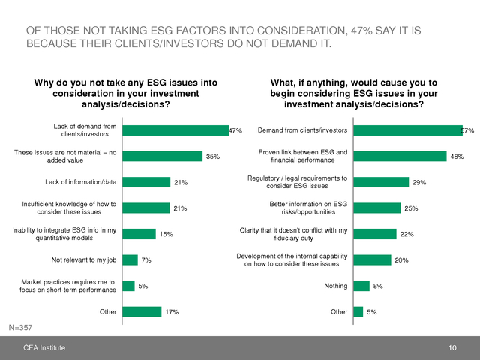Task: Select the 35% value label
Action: pyautogui.click(x=213, y=157)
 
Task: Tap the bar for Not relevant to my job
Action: pyautogui.click(x=130, y=259)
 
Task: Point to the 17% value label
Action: pyautogui.click(x=172, y=311)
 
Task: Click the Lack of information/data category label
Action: pyautogui.click(x=81, y=182)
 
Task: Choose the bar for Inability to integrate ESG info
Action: pyautogui.click(x=138, y=234)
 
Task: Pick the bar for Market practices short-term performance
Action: pyautogui.click(x=128, y=286)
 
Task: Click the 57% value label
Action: pyautogui.click(x=468, y=130)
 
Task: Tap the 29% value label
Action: pyautogui.click(x=419, y=182)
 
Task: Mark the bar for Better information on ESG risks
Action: pyautogui.click(x=377, y=208)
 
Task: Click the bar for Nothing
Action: pyautogui.click(x=361, y=286)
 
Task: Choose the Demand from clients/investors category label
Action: pyautogui.click(x=302, y=130)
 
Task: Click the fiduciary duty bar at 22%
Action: pyautogui.click(x=374, y=234)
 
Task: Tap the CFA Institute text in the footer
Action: pyautogui.click(x=43, y=348)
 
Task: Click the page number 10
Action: pyautogui.click(x=452, y=348)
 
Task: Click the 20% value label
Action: pyautogui.click(x=402, y=259)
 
